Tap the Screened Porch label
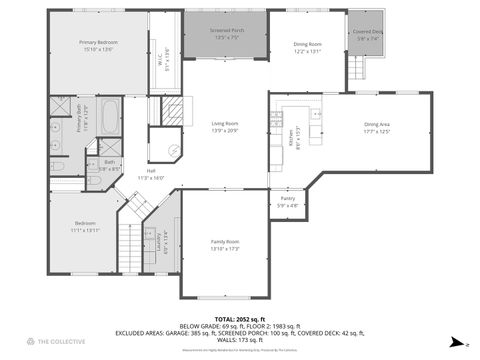coord(226,33)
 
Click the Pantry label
coord(288,200)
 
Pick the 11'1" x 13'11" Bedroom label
coord(85,225)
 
